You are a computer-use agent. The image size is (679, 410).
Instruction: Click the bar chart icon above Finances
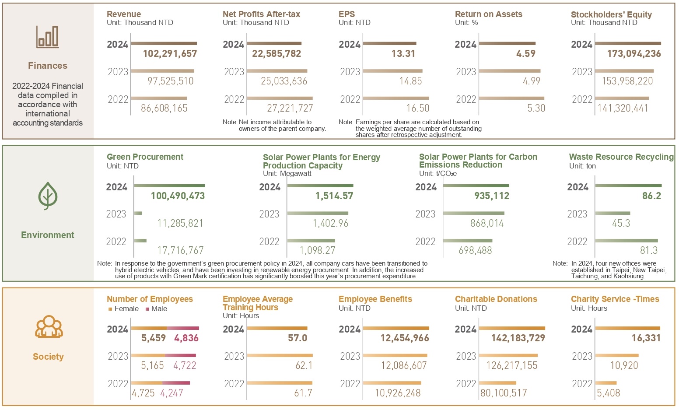(47, 37)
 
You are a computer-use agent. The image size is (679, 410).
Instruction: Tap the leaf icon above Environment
(48, 196)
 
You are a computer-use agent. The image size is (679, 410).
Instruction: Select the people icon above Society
(49, 326)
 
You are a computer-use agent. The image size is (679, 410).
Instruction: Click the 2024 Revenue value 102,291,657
(170, 54)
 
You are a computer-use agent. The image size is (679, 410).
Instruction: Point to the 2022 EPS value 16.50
(418, 109)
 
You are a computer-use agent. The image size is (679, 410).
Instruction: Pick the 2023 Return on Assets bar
(510, 71)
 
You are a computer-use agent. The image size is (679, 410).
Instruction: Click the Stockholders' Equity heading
(611, 14)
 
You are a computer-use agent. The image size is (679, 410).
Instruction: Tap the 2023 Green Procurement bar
(138, 213)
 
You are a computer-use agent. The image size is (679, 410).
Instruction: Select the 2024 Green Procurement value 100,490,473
(178, 196)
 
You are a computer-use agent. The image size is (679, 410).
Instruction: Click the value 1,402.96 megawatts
(330, 224)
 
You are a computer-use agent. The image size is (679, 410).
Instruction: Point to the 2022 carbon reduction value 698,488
(475, 251)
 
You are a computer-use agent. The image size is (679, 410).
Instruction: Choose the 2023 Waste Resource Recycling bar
(612, 213)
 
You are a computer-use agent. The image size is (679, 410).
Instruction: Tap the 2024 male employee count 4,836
(186, 338)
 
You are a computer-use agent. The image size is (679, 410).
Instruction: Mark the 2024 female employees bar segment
(149, 328)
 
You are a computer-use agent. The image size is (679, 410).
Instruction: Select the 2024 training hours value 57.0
(297, 338)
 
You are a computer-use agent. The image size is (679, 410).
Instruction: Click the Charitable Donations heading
(496, 299)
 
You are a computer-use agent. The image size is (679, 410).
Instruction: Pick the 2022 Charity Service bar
(606, 383)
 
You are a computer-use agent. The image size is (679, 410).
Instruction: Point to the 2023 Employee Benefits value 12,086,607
(404, 366)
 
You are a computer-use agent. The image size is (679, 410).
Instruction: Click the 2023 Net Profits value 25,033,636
(284, 81)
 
